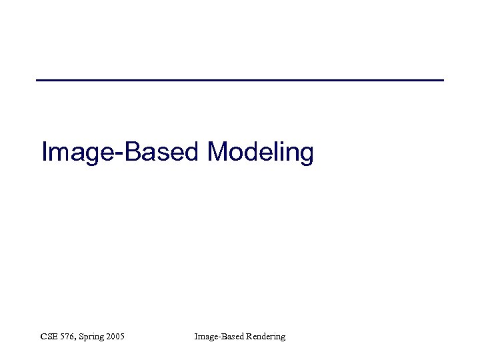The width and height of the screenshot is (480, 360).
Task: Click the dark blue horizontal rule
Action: point(240,80)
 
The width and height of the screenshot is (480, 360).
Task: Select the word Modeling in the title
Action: point(261,153)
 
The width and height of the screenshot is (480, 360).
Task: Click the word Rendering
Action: point(265,337)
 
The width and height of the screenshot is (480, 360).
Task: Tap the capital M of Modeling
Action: point(219,152)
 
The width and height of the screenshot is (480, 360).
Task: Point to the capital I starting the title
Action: point(44,152)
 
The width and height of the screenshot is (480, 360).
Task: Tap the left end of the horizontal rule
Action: point(38,80)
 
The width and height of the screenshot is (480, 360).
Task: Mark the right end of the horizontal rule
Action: point(442,80)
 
